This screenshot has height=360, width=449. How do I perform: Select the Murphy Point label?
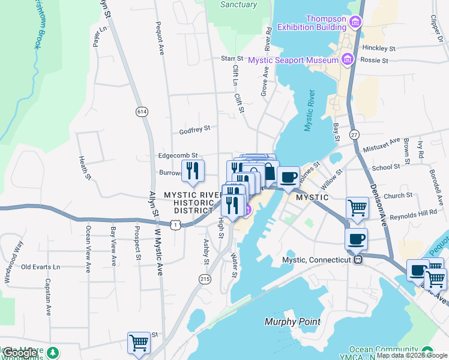pos(292,322)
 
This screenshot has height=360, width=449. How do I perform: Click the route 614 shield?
pos(142,112)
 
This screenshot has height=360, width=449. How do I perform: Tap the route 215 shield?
pos(205,279)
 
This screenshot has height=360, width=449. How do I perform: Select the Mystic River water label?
pos(309,111)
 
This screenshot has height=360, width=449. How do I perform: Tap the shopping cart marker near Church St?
pos(357,208)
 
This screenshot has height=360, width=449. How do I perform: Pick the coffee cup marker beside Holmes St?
pos(288,177)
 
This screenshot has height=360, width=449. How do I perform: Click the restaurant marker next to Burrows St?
pos(193,170)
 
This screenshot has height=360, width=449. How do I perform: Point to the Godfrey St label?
pos(194,128)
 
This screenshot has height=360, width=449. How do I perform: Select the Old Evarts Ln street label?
pos(41,266)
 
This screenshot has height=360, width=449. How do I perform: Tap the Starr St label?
pos(231,58)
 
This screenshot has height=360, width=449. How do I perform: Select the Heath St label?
pos(84,167)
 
